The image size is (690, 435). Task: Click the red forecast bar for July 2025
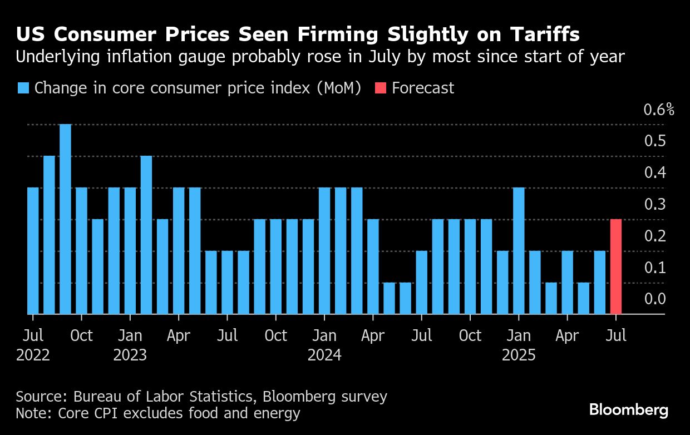point(616,267)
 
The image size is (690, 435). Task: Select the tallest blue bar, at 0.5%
point(65,219)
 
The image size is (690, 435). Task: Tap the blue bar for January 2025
point(519,251)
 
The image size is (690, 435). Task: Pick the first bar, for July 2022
point(33,251)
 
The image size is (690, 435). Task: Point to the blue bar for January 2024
point(324,251)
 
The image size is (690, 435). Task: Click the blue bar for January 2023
point(130,251)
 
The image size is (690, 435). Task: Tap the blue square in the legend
point(23,88)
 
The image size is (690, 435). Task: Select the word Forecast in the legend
point(423,88)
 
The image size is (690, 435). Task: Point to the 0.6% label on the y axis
point(658,110)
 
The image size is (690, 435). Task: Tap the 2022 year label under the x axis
point(33,355)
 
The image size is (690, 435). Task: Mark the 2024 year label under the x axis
point(324,355)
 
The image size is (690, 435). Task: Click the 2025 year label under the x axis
point(519,355)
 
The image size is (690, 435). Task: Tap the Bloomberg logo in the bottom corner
point(629,411)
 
